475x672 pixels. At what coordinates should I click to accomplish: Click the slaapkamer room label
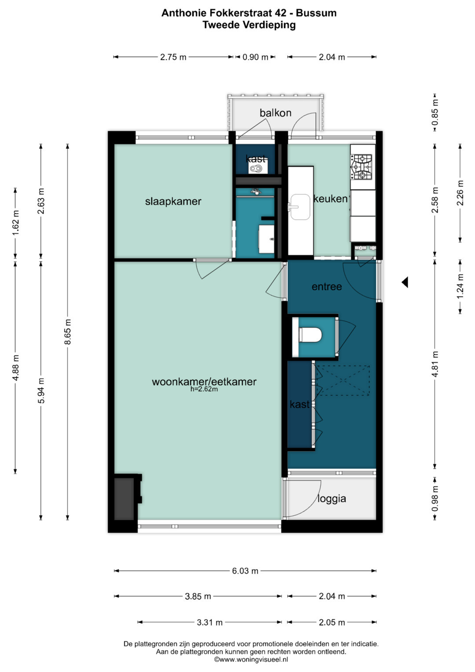tap(173, 201)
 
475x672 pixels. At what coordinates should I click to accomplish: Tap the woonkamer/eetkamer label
tap(204, 382)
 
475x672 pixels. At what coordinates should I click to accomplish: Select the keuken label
tap(330, 198)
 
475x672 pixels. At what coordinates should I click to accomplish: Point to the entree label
tap(326, 287)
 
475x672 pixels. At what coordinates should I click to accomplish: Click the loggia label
tap(332, 499)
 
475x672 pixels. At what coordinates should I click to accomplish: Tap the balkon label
tap(275, 113)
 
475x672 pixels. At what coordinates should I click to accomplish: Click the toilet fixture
tap(311, 335)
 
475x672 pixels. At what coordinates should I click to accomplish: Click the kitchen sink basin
tap(300, 207)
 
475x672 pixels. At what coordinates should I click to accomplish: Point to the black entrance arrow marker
tap(405, 282)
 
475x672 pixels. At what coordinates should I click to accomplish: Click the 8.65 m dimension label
tap(67, 331)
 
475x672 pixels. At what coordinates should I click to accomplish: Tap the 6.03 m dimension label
tap(245, 571)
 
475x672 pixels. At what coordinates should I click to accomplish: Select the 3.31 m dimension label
tap(210, 623)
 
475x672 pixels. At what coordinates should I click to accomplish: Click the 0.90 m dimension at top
tap(255, 57)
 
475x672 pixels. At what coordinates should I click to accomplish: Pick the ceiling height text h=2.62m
tap(204, 389)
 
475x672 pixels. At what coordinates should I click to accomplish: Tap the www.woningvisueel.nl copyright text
tap(251, 659)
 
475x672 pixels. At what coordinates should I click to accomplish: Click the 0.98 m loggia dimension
tap(435, 499)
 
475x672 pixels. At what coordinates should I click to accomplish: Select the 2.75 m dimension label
tap(173, 57)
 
